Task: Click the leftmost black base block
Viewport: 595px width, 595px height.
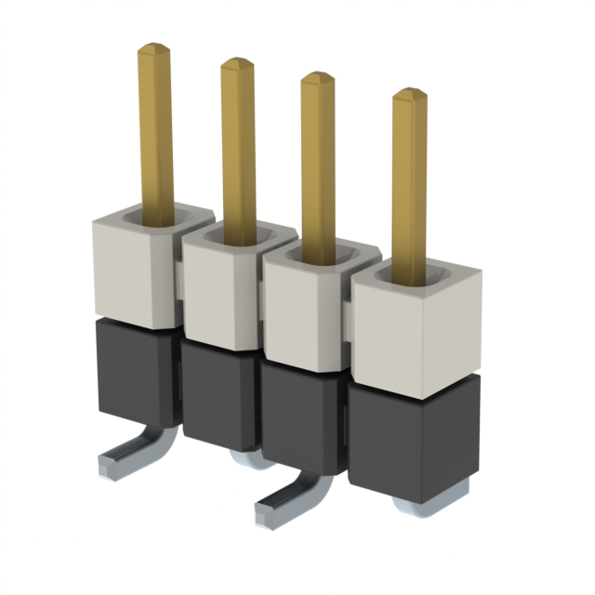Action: point(135,377)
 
